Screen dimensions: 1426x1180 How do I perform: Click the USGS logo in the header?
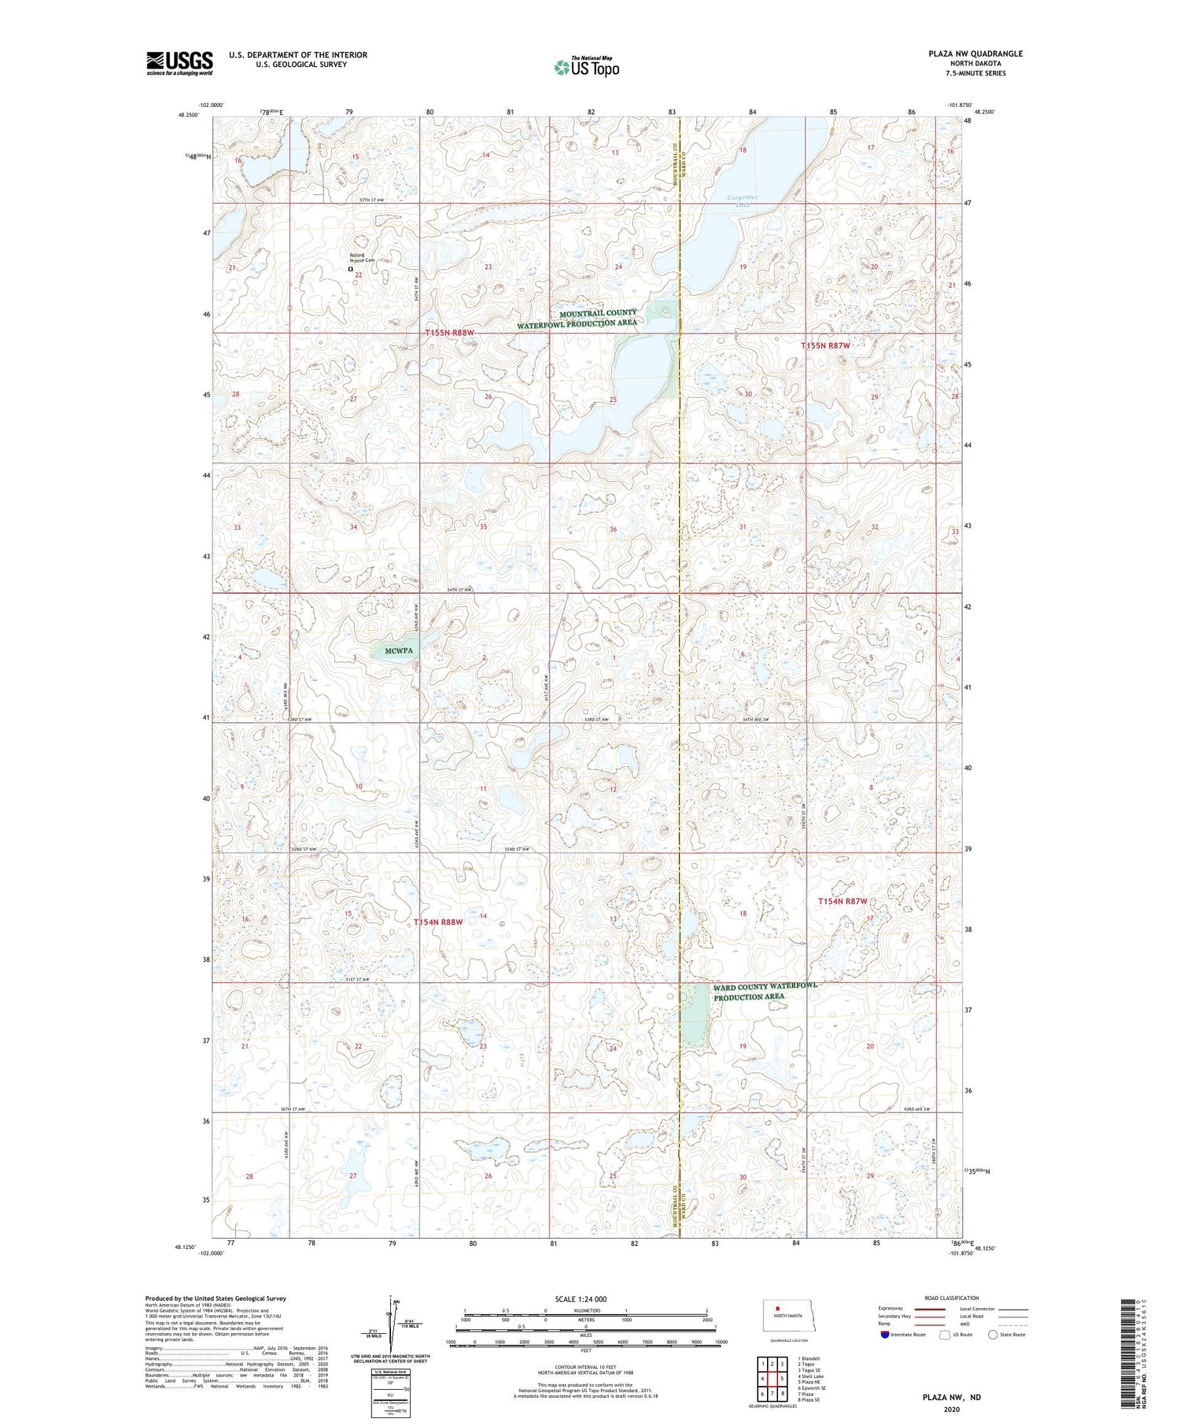click(x=179, y=63)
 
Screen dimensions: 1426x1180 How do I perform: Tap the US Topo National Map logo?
click(x=586, y=67)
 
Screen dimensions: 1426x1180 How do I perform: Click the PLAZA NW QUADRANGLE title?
click(x=975, y=53)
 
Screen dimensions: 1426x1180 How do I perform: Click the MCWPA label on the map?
click(x=400, y=650)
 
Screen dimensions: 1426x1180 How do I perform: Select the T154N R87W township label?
click(x=843, y=901)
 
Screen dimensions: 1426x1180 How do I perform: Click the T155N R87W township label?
click(x=825, y=346)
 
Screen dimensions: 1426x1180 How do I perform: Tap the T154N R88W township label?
click(x=438, y=921)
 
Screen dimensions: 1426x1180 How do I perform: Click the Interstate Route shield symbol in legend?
click(x=884, y=1334)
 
